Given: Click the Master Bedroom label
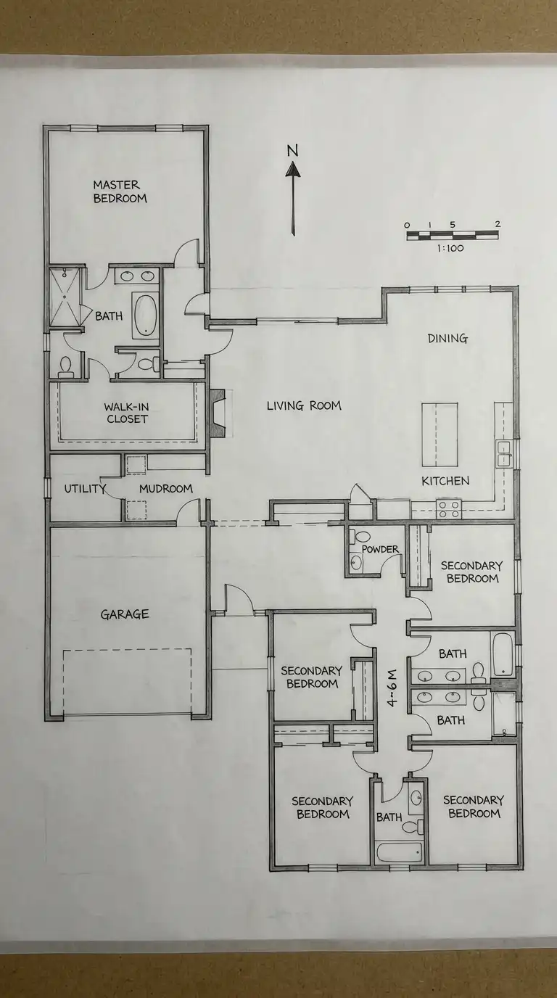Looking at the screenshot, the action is pos(120,191).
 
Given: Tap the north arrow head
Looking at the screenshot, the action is pos(293,169).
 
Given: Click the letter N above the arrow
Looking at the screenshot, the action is pos(292,151).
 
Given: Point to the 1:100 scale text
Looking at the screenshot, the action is pos(450,248).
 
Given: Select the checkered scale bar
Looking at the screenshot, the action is pos(453,236).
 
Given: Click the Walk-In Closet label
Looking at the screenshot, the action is pos(127,413).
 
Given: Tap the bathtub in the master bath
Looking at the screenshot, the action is pos(145,316).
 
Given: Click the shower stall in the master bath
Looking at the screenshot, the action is pos(65,297).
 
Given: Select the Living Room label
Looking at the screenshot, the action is pos(304,406).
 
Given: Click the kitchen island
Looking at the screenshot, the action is pos(440,434).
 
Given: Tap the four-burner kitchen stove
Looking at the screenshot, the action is pos(449,509).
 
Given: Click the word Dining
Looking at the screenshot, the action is pos(447,339).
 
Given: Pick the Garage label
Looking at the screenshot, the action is pos(125,614).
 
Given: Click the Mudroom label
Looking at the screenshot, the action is pos(166,489).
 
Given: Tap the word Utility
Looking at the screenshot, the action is pos(85,489).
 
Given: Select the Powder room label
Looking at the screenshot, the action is pos(380,549).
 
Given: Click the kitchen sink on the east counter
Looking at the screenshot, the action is pos(503,453).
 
